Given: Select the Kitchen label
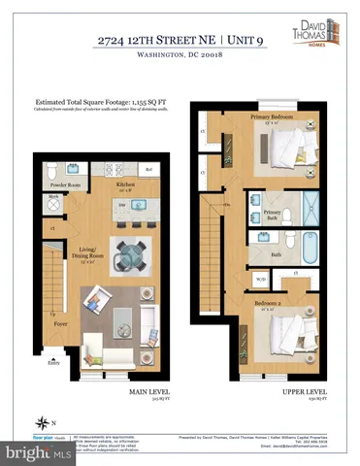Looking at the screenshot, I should [124, 183].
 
